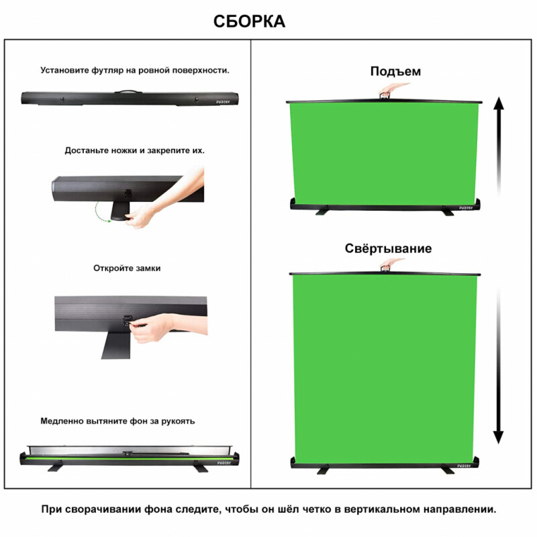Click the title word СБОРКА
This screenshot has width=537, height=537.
[x=249, y=21]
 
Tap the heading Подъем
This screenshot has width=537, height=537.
[x=395, y=71]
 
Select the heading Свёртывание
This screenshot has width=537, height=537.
[x=388, y=248]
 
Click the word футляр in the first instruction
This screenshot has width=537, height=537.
[x=107, y=70]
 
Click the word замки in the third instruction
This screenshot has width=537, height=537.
[x=148, y=268]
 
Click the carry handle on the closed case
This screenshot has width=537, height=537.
[x=128, y=92]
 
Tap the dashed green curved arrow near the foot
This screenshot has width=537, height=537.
[x=99, y=213]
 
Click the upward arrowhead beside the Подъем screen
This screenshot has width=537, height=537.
[x=499, y=103]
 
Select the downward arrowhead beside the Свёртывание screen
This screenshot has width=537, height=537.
[x=498, y=438]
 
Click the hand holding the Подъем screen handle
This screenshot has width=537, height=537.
[x=391, y=90]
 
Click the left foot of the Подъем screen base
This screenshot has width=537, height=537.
[x=323, y=211]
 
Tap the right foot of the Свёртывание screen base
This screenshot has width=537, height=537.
[x=446, y=469]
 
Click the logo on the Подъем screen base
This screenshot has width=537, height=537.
[x=466, y=207]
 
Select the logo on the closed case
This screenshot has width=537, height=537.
[x=223, y=102]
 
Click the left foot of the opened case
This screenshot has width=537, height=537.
[x=55, y=468]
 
